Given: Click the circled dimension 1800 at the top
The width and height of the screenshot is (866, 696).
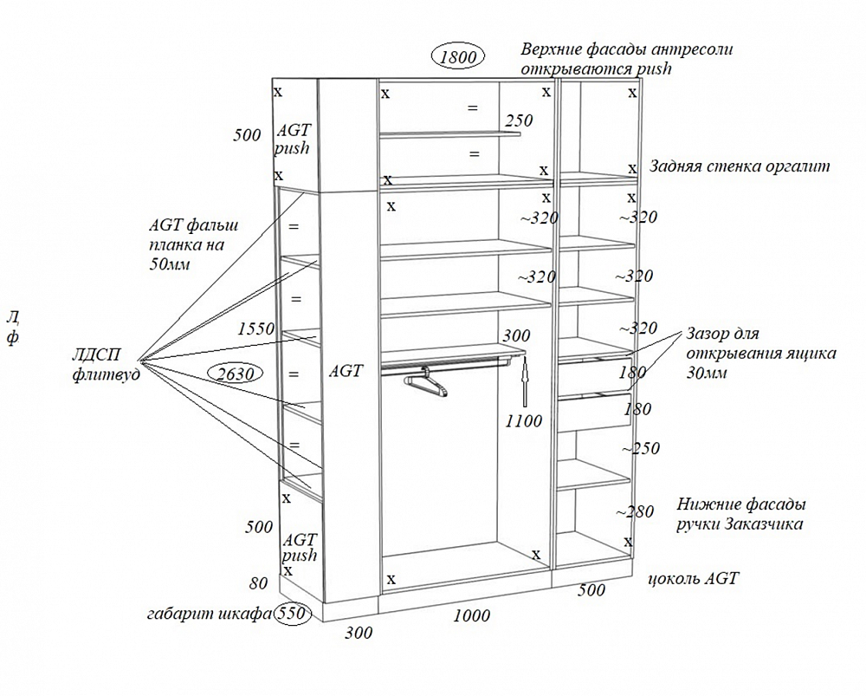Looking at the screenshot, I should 458,58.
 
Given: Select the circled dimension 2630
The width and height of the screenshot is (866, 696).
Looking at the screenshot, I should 236,374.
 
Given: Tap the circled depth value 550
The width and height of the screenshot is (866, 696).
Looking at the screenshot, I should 293,614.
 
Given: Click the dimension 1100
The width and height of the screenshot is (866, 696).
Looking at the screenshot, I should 525,421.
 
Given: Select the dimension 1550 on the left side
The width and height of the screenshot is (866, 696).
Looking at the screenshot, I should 255,328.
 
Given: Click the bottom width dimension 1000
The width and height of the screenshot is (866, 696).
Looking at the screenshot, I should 471,615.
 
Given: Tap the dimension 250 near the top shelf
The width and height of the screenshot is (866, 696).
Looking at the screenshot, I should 520,120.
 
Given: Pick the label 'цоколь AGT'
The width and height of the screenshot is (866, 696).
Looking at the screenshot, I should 693,578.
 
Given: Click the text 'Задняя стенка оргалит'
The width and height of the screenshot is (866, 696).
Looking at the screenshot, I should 740,166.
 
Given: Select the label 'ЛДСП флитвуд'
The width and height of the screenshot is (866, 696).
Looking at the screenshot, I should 107,361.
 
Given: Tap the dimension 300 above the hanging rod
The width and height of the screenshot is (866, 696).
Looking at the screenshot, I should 516,335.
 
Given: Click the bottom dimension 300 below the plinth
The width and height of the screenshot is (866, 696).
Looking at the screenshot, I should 358,633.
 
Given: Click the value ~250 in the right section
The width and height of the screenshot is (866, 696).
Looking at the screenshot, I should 640,448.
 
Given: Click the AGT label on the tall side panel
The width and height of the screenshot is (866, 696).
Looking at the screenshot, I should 346,370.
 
